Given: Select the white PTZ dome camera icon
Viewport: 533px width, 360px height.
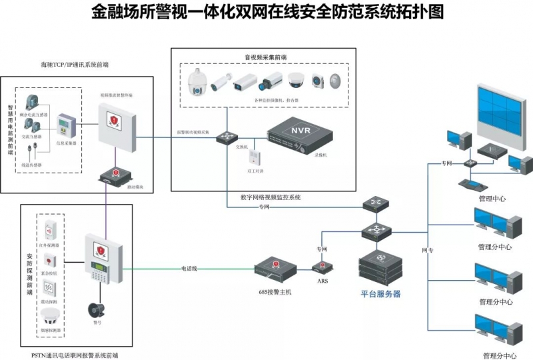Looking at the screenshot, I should pos(197,83).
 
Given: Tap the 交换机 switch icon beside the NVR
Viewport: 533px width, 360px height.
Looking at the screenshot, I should pos(226,137).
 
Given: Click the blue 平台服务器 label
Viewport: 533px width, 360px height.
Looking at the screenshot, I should pos(380,293).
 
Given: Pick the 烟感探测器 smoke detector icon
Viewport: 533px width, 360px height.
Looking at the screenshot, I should pos(49,318).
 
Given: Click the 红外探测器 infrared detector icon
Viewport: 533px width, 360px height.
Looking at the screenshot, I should pos(49,229).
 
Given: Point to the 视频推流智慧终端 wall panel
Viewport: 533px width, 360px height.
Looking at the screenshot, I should pos(116,124).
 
